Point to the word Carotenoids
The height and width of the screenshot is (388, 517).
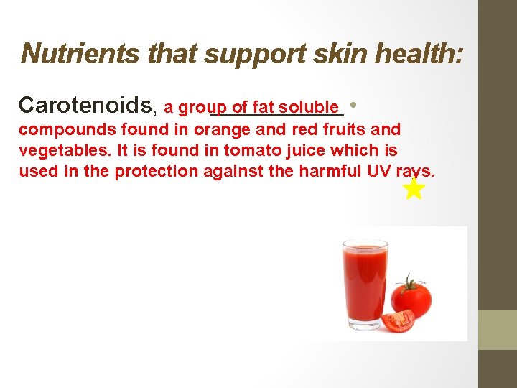click(85, 106)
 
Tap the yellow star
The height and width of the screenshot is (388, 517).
click(414, 189)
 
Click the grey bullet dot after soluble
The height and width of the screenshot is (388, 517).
click(357, 106)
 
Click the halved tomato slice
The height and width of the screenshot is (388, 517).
click(398, 320)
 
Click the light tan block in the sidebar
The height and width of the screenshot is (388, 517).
click(498, 330)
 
